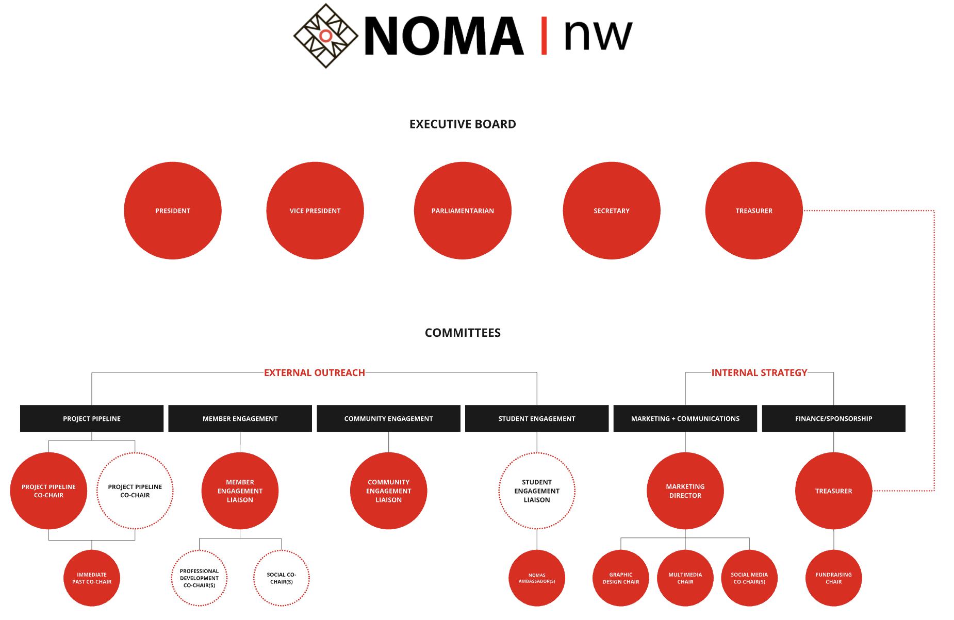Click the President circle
click(x=173, y=210)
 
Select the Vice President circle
click(x=315, y=210)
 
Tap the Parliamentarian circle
click(x=463, y=210)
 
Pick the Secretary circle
click(x=612, y=210)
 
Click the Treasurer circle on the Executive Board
click(x=754, y=210)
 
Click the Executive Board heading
click(x=463, y=124)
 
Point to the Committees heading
click(x=463, y=333)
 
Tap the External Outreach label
click(x=315, y=372)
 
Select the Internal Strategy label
click(x=759, y=372)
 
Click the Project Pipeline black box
click(x=92, y=418)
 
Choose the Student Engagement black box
click(x=537, y=418)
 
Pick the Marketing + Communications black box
click(x=685, y=418)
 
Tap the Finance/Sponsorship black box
click(x=833, y=418)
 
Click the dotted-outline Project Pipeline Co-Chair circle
click(x=135, y=491)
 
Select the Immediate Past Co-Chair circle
click(x=92, y=578)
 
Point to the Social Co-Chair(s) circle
click(x=282, y=578)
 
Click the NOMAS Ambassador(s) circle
click(x=537, y=578)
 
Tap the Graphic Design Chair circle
click(x=621, y=578)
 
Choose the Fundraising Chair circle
click(x=833, y=578)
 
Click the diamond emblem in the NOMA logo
click(x=326, y=36)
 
